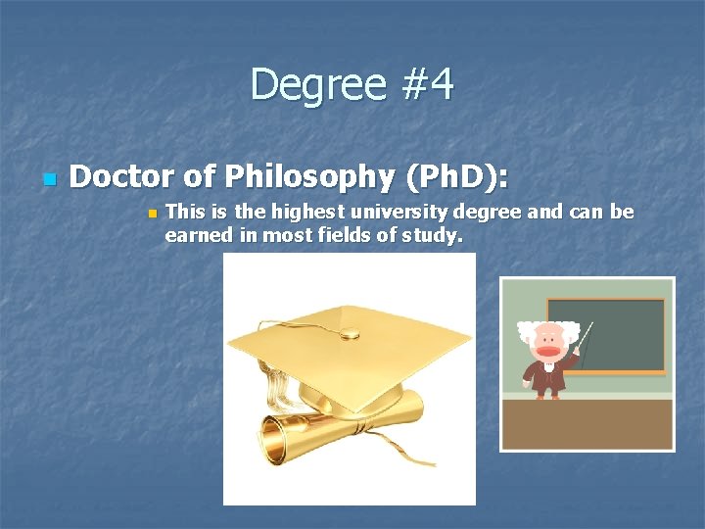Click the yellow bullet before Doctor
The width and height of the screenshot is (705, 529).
[47, 180]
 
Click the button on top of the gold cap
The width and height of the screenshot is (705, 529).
[348, 334]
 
